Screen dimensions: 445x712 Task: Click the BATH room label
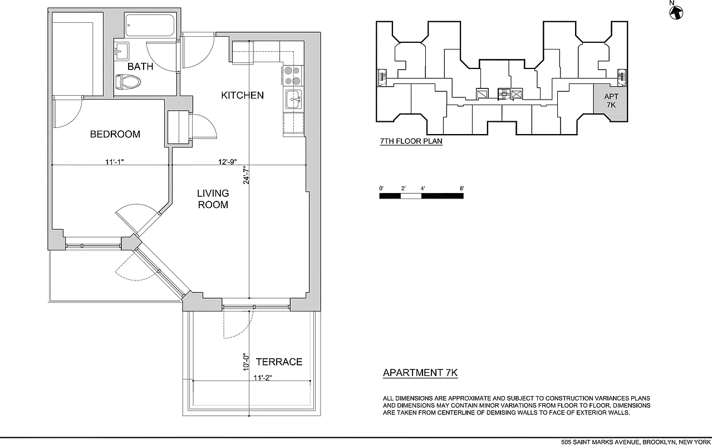click(140, 67)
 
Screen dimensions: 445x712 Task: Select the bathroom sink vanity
click(122, 52)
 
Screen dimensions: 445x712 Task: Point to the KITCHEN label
click(242, 95)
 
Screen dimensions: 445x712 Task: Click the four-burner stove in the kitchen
click(293, 75)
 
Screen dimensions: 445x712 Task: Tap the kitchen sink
click(293, 101)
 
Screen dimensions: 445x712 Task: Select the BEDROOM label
click(115, 134)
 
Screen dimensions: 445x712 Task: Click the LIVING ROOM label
click(213, 199)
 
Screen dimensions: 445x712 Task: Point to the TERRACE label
click(279, 362)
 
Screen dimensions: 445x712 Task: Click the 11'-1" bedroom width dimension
click(114, 162)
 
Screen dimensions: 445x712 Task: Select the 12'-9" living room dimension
click(228, 162)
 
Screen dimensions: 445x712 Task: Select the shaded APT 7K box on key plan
click(611, 101)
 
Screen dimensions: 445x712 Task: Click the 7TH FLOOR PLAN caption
click(411, 141)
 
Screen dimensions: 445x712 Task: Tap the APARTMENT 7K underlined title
click(420, 373)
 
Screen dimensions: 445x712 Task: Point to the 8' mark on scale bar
click(462, 189)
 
